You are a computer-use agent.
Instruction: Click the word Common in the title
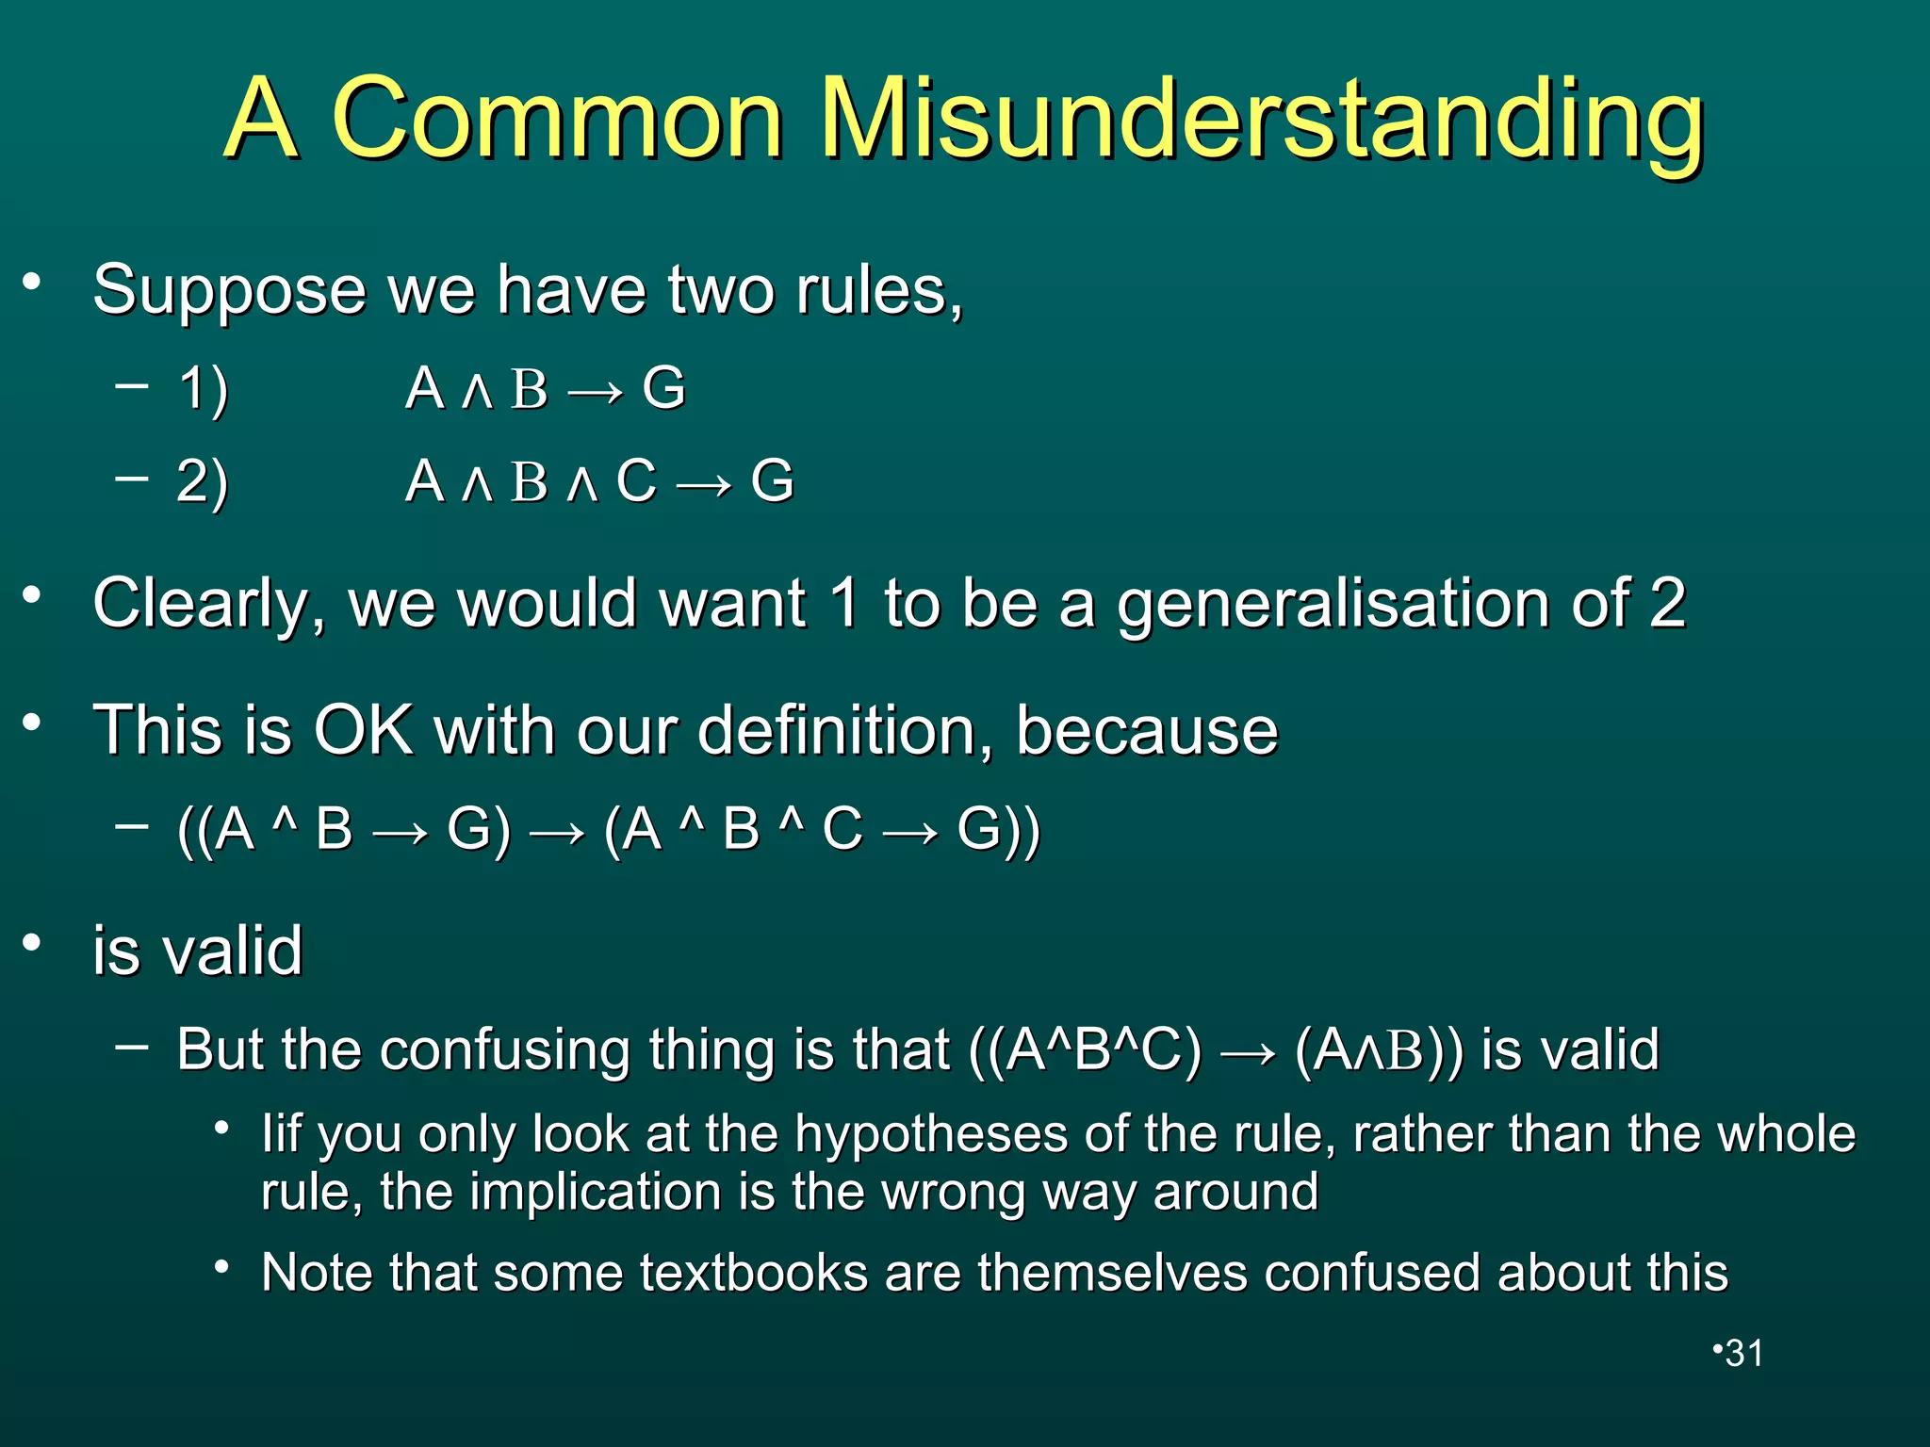(557, 120)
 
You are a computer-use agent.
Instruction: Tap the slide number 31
(1744, 1353)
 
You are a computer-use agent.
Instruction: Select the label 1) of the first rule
(204, 389)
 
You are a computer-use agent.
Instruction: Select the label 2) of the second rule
(203, 481)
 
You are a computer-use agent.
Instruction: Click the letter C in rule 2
(636, 481)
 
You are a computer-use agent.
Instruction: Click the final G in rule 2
(772, 481)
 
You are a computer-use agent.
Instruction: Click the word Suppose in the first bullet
(229, 291)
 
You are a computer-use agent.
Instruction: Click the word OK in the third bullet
(363, 730)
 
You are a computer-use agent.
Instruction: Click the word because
(1146, 730)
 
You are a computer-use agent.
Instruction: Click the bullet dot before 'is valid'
(33, 942)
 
